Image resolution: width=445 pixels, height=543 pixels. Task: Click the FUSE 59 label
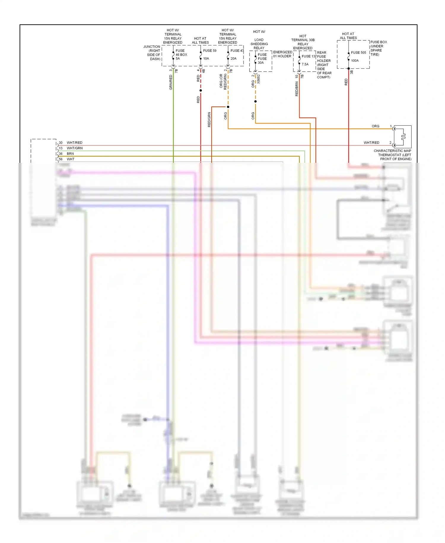(209, 50)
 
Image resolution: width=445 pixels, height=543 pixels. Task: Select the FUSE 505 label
(358, 53)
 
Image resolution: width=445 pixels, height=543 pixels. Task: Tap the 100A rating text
(355, 61)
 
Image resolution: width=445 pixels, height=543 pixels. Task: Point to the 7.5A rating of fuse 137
(305, 64)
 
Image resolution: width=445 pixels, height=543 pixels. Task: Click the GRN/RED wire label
(171, 82)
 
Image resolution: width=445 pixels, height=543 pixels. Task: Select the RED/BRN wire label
(297, 89)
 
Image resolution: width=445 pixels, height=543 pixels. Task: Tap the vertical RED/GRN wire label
(209, 119)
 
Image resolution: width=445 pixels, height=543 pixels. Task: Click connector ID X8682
(258, 79)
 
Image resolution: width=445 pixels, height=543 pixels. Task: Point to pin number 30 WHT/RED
(61, 143)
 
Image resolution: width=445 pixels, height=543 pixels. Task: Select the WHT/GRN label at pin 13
(74, 148)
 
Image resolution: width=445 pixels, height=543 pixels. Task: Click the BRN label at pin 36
(70, 154)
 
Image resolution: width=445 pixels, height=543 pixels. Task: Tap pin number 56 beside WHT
(61, 159)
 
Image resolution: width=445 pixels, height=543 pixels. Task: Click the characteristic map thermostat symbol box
(403, 137)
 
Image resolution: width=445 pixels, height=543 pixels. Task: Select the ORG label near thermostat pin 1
(375, 126)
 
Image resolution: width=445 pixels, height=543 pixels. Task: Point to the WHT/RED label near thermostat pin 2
(371, 143)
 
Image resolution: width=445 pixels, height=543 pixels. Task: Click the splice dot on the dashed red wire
(201, 90)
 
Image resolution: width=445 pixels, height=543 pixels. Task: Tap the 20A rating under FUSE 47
(233, 59)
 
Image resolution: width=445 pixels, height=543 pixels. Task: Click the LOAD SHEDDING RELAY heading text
(259, 44)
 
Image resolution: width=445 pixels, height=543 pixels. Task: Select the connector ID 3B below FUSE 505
(352, 72)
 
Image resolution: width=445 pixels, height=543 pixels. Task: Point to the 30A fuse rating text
(260, 63)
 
